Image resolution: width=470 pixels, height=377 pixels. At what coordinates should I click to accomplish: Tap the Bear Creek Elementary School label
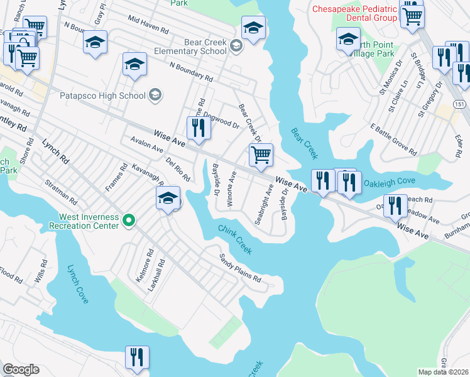point(196,46)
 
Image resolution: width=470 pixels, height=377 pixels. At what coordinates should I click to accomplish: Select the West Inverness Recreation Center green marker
point(129,220)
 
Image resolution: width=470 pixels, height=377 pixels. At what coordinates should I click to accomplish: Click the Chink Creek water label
point(235,240)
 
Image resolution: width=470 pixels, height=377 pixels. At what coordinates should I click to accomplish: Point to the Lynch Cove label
point(78,285)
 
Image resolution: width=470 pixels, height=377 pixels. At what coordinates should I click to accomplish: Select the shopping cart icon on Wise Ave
point(260,153)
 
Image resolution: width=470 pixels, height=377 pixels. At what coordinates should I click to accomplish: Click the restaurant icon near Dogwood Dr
point(198,128)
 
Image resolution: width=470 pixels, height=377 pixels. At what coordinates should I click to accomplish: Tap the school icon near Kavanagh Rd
point(168,198)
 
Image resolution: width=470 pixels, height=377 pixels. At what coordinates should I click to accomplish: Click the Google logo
point(21,369)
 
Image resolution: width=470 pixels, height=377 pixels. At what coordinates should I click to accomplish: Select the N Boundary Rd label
point(190,71)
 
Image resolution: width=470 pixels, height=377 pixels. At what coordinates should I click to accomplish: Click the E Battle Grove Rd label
point(393,139)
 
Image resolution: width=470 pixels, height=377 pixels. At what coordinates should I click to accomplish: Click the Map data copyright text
point(443,372)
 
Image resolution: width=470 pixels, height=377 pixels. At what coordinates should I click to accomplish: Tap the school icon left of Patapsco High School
point(134,65)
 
